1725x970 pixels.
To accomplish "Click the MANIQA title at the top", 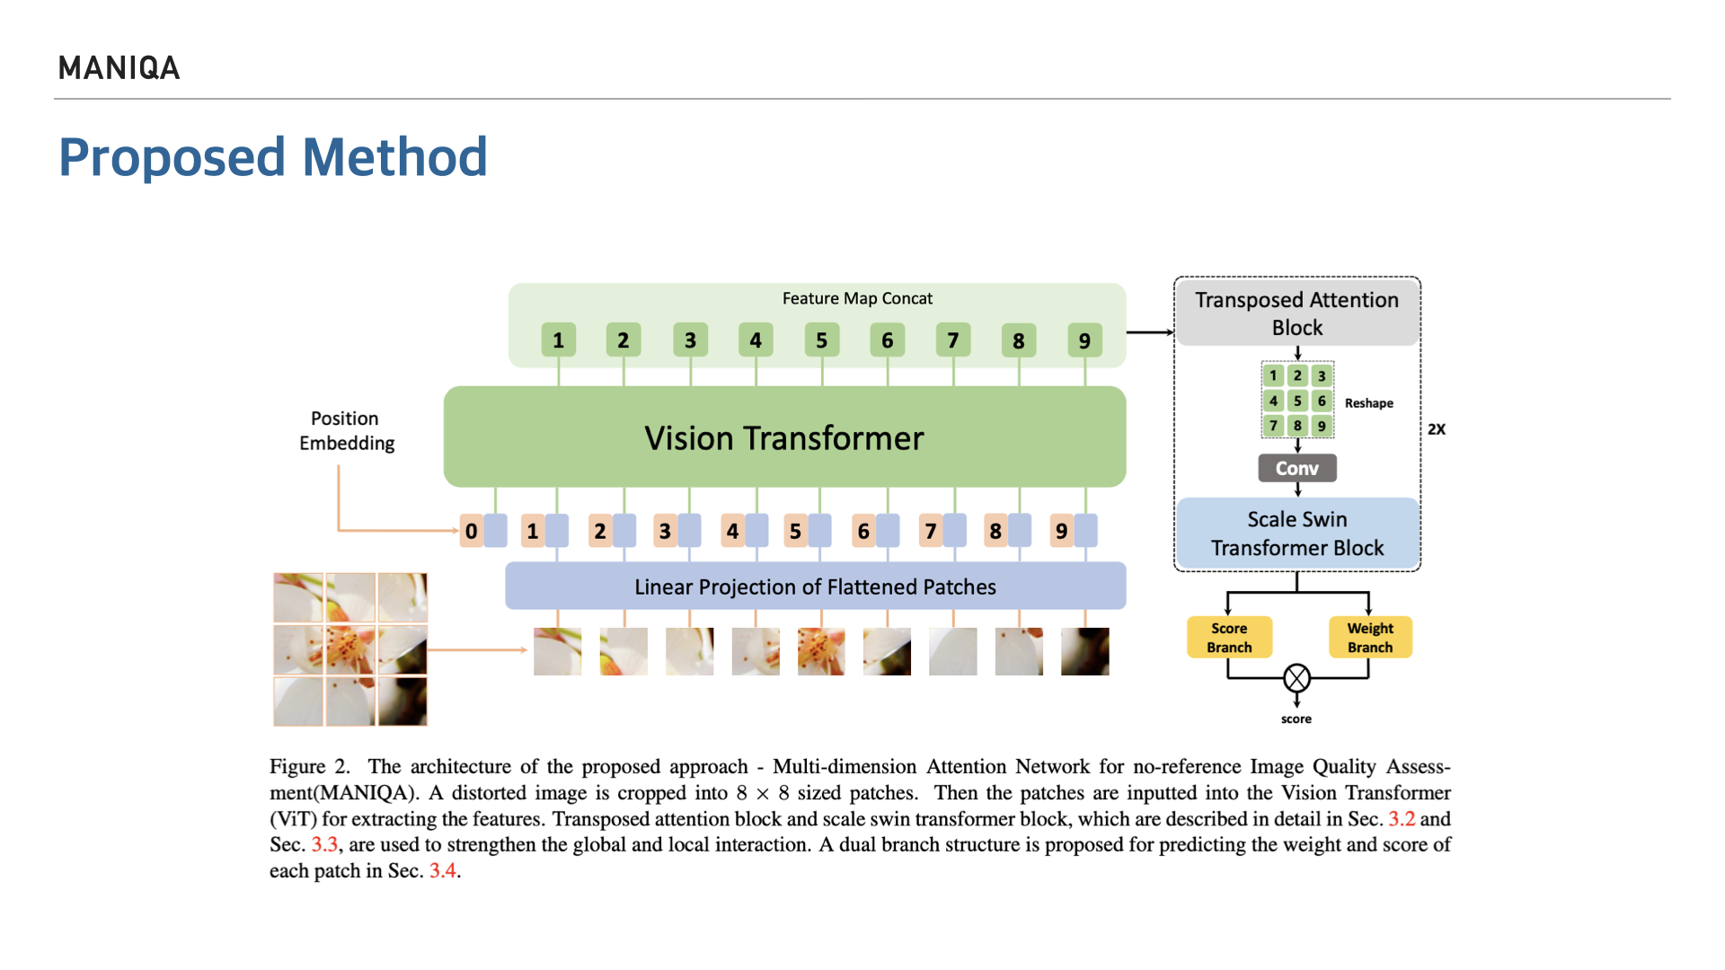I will click(119, 68).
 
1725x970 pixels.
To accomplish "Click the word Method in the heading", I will click(394, 157).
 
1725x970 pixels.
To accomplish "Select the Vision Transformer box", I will click(783, 437).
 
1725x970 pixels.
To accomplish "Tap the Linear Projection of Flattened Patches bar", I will click(815, 586).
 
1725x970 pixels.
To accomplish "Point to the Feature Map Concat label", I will click(856, 298).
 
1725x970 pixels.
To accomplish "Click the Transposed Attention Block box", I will click(1296, 313).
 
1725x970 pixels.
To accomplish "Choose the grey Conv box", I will click(1296, 468).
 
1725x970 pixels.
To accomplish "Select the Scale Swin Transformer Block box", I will click(1296, 533).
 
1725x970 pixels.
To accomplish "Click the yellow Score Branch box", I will click(1229, 638).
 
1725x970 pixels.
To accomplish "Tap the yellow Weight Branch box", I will click(1370, 638).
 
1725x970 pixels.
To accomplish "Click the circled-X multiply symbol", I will click(1296, 678).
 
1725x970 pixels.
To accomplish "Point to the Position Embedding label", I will click(346, 430).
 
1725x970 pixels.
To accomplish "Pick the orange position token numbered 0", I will click(471, 531).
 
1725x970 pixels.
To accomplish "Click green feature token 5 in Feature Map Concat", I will click(821, 340).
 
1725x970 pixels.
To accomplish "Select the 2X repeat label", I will click(1437, 429).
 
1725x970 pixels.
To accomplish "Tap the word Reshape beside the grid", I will click(1368, 403).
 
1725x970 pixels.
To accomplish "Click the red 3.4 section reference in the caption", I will click(443, 870).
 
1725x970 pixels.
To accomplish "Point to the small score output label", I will click(1296, 719).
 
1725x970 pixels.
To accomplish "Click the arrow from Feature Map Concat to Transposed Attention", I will click(1149, 332).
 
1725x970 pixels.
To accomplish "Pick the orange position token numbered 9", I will click(1061, 531).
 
